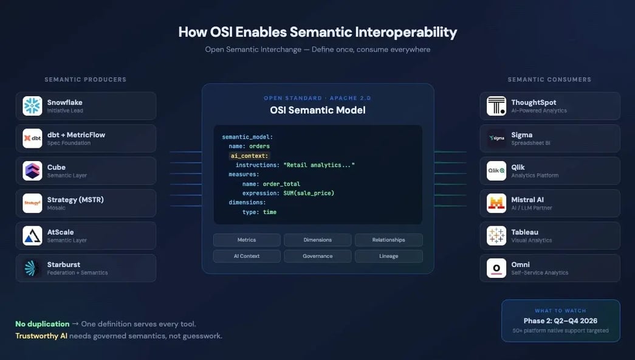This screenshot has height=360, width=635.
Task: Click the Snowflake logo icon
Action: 32,106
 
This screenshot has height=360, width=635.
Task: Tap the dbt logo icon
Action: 32,138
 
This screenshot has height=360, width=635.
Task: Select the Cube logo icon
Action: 32,171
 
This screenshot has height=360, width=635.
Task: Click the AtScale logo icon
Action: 32,235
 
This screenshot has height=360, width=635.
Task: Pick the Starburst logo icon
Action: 32,268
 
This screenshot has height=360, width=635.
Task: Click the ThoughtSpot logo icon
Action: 496,106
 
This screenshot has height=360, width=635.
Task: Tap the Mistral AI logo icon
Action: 496,203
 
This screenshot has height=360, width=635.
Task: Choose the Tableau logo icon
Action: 496,235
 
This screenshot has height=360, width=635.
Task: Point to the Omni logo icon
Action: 496,268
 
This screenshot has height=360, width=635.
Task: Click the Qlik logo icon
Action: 496,171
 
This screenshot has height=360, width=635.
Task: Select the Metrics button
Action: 247,240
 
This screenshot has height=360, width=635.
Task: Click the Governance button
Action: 318,256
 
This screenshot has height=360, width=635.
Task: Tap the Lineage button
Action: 389,256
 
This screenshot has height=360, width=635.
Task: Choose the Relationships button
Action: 389,240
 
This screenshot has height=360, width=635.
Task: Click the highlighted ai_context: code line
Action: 249,156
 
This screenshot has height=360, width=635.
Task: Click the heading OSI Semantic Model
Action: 318,111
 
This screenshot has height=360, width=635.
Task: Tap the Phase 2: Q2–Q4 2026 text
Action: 560,321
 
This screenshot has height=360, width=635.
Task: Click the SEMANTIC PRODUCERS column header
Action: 86,80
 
